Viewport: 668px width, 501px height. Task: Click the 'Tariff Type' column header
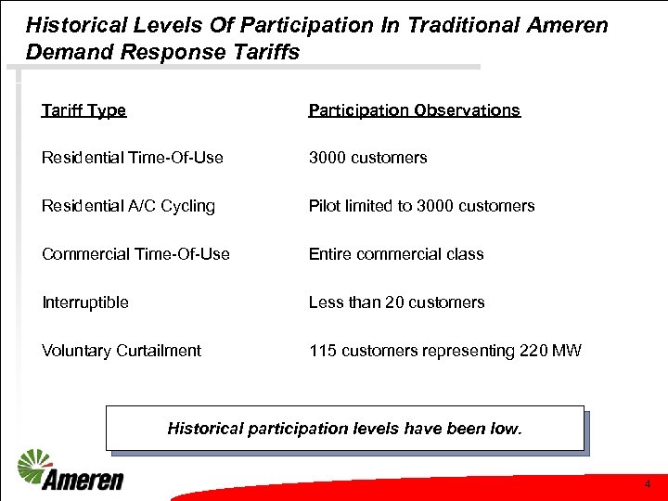point(83,110)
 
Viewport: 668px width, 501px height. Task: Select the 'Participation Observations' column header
point(414,110)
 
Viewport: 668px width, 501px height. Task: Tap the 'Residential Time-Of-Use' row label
point(132,158)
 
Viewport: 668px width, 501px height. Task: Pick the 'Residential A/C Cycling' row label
point(128,206)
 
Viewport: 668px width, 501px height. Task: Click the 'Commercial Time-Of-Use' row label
point(135,254)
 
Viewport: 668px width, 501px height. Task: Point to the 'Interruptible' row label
point(84,302)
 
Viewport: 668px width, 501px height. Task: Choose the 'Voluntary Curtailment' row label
point(121,351)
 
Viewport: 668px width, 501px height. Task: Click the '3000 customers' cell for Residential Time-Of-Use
point(367,158)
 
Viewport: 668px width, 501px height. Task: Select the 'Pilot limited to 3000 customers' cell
point(421,206)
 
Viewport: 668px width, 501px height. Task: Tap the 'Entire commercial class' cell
point(396,254)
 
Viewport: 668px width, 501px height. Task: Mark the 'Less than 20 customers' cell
point(396,302)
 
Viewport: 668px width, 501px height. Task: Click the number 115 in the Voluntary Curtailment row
point(322,351)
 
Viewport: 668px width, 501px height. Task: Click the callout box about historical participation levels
point(345,429)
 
